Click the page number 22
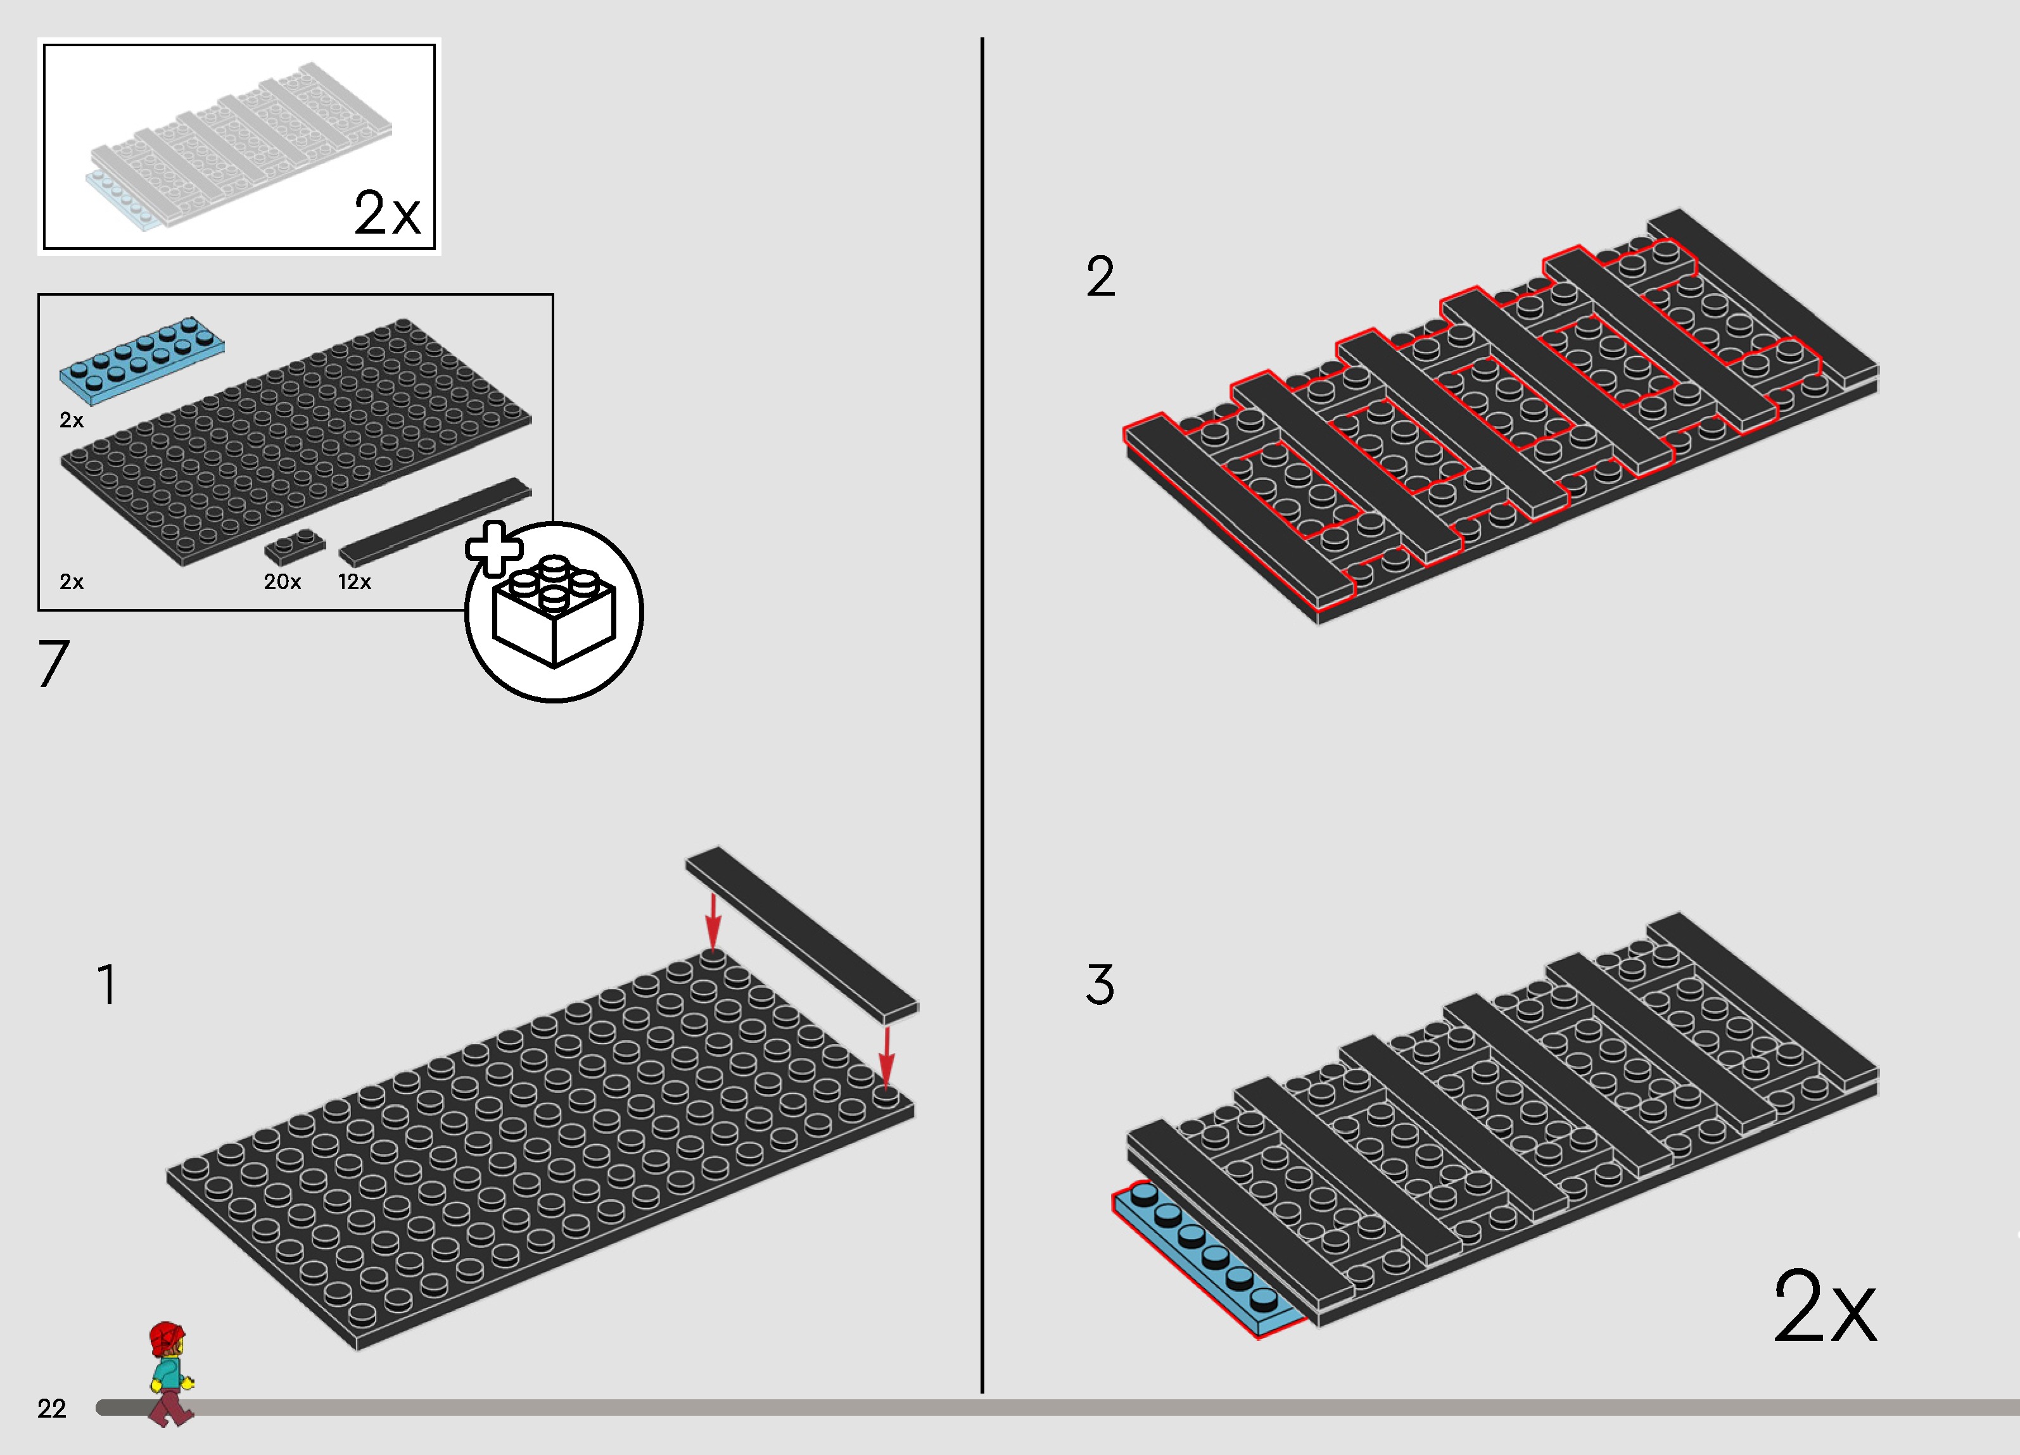tap(52, 1408)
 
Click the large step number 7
tap(53, 664)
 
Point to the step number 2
tap(1100, 276)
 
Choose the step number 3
tap(1100, 985)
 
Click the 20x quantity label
tap(283, 581)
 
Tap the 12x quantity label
tap(355, 581)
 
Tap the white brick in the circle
tap(554, 614)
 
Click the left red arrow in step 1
tap(713, 922)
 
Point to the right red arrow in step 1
tap(886, 1055)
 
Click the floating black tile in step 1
tap(801, 935)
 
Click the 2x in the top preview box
tap(386, 214)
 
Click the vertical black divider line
tap(982, 712)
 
